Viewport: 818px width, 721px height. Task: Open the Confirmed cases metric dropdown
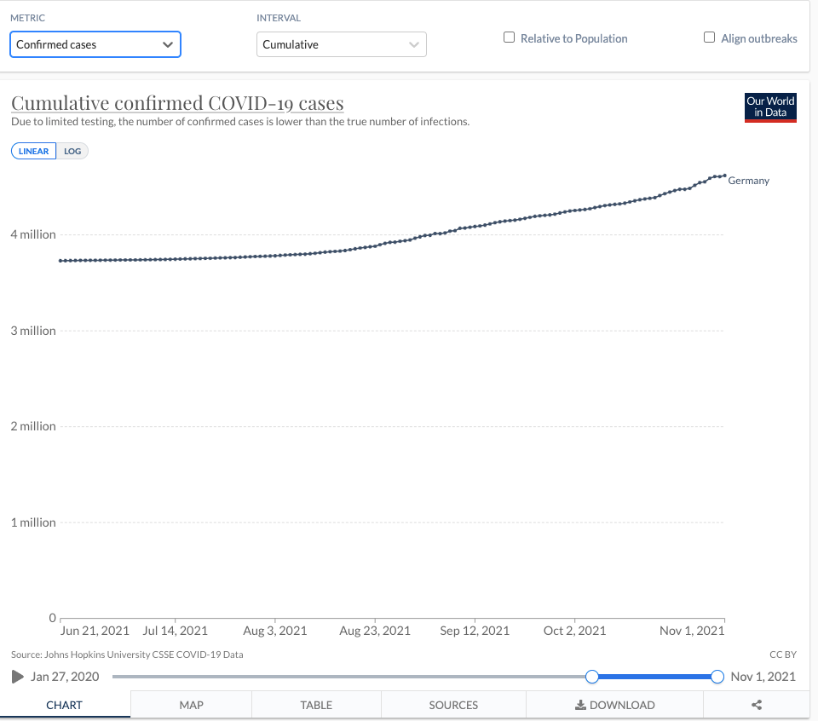[x=95, y=44]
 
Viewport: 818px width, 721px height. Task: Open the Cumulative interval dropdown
[x=341, y=44]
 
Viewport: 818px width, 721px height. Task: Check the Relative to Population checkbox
[x=510, y=37]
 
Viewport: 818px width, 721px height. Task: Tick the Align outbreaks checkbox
[x=709, y=37]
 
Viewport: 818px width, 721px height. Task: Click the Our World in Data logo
[x=770, y=107]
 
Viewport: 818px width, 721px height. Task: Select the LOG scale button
[x=72, y=151]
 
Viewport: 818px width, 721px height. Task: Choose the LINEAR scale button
[x=34, y=151]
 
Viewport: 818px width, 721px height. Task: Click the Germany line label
[x=748, y=181]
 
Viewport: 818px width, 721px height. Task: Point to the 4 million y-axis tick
[x=33, y=234]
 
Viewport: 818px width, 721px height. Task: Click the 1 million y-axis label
[x=33, y=522]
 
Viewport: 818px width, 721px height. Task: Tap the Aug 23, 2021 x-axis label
[x=375, y=631]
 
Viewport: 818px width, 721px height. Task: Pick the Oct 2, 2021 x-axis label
[x=574, y=631]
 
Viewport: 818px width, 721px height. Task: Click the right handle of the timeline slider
[x=717, y=677]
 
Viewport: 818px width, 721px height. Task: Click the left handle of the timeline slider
[x=592, y=677]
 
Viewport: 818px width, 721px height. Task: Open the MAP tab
[x=191, y=705]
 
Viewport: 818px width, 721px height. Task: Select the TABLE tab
[x=316, y=705]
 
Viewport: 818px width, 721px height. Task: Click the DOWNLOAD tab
[x=615, y=705]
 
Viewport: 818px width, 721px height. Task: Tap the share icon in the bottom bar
[x=757, y=705]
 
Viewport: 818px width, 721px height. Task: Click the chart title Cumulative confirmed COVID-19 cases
[x=177, y=103]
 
